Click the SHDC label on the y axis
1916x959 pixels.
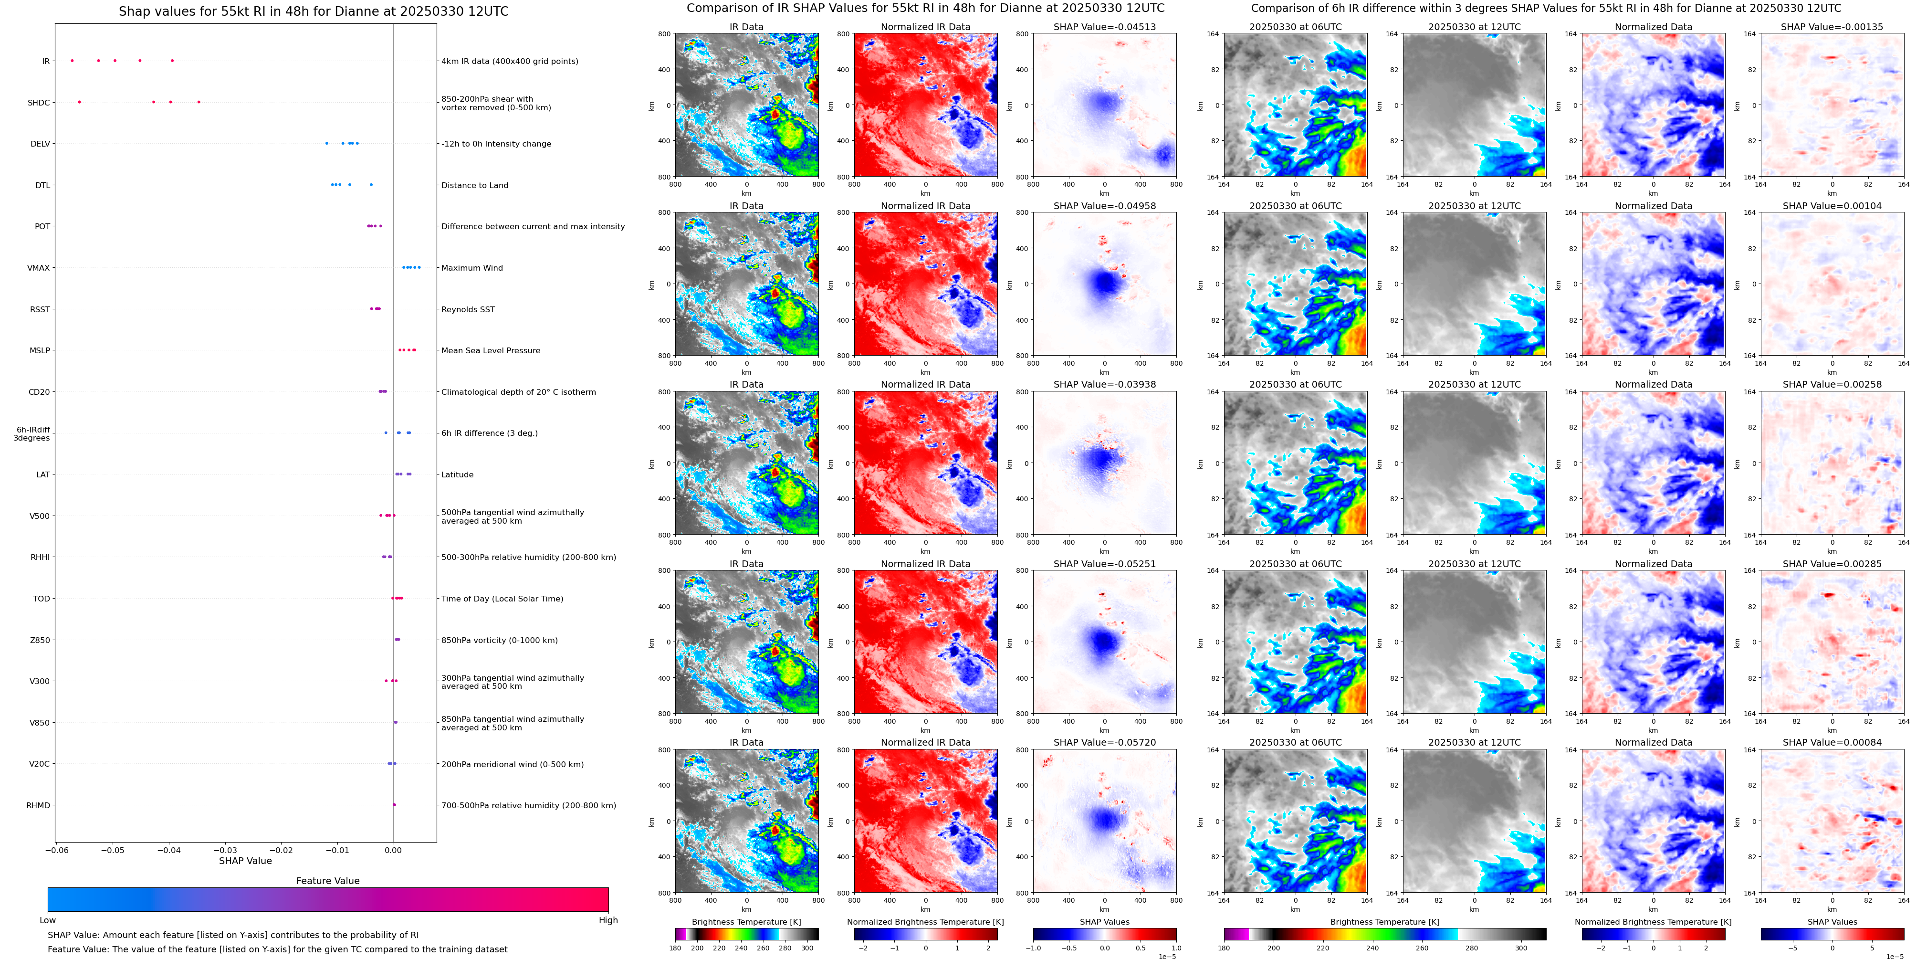pos(39,103)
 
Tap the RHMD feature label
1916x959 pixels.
pos(39,805)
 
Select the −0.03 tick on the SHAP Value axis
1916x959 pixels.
pos(225,850)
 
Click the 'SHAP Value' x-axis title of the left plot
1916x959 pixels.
pos(245,861)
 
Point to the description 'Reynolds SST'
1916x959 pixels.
pos(468,309)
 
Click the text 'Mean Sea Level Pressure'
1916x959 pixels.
pos(491,350)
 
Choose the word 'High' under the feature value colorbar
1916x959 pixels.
pos(608,920)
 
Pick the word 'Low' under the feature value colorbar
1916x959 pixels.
pos(48,920)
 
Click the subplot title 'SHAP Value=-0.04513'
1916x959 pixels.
pos(1105,27)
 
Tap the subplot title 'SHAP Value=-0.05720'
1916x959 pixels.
pos(1105,742)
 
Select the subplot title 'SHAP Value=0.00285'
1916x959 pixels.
pos(1832,564)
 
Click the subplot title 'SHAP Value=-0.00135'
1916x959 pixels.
pos(1832,27)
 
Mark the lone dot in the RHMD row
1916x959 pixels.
pos(394,805)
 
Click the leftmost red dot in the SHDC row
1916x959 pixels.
pos(80,102)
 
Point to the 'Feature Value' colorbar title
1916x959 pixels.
pos(328,881)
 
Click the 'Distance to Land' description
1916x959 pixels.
pos(474,185)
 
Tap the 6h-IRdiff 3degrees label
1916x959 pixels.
pos(33,434)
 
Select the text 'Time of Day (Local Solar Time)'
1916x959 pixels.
pos(502,599)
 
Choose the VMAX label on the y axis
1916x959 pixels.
pos(39,268)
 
